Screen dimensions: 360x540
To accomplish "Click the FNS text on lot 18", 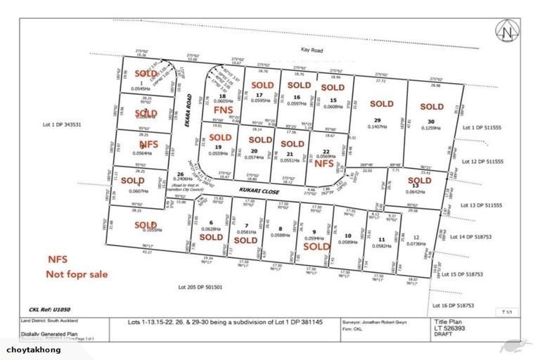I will (x=223, y=111).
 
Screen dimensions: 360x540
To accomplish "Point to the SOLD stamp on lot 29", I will (x=382, y=104).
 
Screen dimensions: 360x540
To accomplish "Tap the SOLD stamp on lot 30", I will (x=432, y=107).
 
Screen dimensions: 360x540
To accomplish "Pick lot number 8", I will (x=280, y=229).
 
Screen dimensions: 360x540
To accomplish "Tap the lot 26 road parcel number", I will (x=181, y=174).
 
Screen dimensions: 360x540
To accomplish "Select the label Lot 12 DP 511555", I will (x=484, y=162).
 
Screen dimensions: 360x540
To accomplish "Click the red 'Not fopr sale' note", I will (x=77, y=274).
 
